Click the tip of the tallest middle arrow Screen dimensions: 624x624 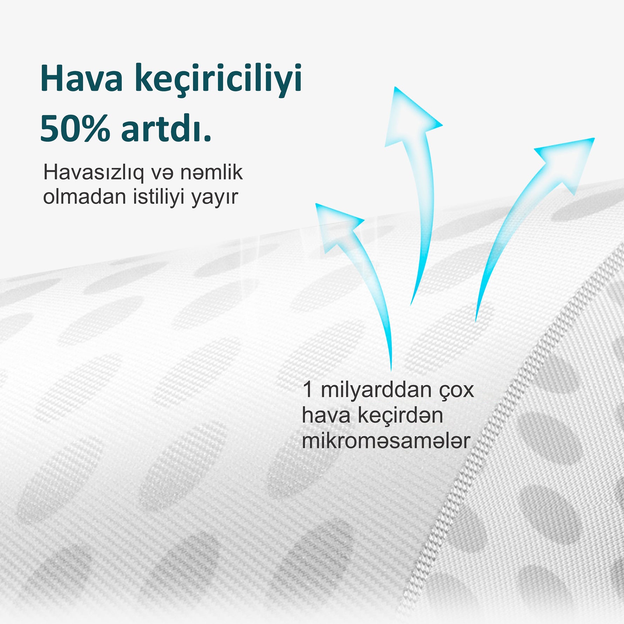(395, 87)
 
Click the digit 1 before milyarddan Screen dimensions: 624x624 (307, 389)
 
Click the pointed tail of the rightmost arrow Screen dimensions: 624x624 (476, 321)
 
